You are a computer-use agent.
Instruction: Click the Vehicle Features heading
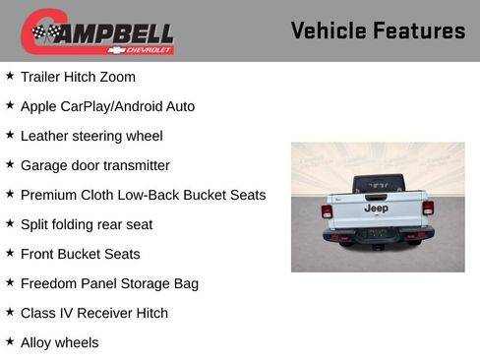[x=378, y=30]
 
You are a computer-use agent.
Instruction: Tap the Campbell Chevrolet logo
[x=97, y=32]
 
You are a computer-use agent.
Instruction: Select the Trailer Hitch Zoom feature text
[x=78, y=77]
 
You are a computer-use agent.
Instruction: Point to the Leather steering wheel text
[x=91, y=136]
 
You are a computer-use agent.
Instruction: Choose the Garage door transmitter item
[x=94, y=165]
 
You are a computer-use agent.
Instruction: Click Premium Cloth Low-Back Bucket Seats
[x=143, y=195]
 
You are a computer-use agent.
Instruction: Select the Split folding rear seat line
[x=87, y=224]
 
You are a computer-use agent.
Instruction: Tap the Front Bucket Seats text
[x=80, y=254]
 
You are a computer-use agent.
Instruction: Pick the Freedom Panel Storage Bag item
[x=109, y=283]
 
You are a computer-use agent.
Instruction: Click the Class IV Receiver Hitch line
[x=94, y=313]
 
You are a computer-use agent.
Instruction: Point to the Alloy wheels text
[x=59, y=342]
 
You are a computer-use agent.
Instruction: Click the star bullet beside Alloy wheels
[x=10, y=341]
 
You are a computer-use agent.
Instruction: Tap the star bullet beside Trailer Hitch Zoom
[x=10, y=76]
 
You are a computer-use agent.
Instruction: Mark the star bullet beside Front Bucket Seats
[x=10, y=253]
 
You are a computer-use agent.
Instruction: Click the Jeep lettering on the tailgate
[x=376, y=209]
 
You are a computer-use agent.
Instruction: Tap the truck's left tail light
[x=327, y=210]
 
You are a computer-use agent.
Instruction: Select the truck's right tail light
[x=428, y=208]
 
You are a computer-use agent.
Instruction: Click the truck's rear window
[x=377, y=184]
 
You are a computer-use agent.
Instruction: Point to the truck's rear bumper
[x=378, y=235]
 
